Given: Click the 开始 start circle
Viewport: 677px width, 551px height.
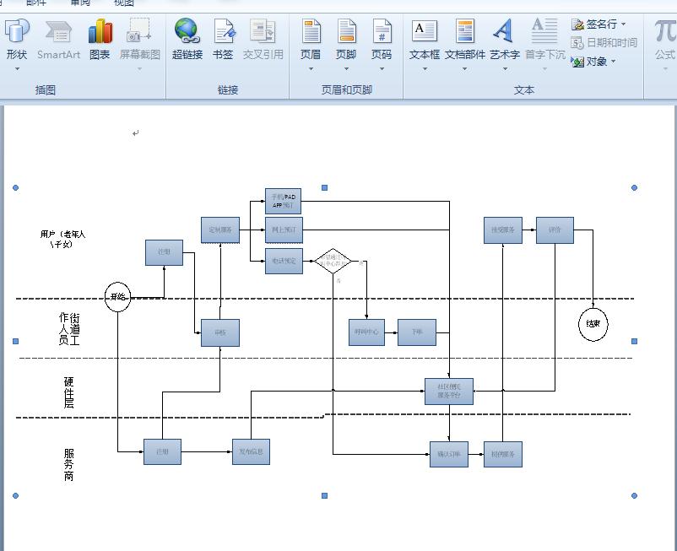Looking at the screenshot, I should [117, 296].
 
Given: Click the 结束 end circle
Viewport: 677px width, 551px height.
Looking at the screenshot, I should [593, 324].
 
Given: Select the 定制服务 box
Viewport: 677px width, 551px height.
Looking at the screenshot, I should [220, 230].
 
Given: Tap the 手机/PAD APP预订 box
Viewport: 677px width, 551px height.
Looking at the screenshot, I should [283, 201].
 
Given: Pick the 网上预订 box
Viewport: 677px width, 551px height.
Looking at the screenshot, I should [283, 230].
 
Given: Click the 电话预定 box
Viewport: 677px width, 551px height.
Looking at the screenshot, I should [283, 261].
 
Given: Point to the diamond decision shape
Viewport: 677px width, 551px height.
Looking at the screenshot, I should [333, 262].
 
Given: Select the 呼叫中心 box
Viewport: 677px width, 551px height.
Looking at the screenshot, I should [366, 332].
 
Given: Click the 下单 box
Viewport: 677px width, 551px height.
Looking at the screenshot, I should [417, 332].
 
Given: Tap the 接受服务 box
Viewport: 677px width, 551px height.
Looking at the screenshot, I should [503, 230].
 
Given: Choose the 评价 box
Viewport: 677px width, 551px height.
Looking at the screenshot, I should [555, 230].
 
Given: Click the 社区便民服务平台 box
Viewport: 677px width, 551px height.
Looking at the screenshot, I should [449, 391].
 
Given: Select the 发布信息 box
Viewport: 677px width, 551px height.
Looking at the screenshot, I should [251, 451].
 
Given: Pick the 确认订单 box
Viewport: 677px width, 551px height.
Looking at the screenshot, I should [448, 454].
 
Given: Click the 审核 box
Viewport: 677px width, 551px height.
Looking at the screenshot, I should [219, 332].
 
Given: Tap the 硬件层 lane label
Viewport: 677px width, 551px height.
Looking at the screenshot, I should [69, 393].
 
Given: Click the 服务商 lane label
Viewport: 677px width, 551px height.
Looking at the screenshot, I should [69, 465].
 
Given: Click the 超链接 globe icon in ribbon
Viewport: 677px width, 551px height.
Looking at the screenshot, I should [187, 34].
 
